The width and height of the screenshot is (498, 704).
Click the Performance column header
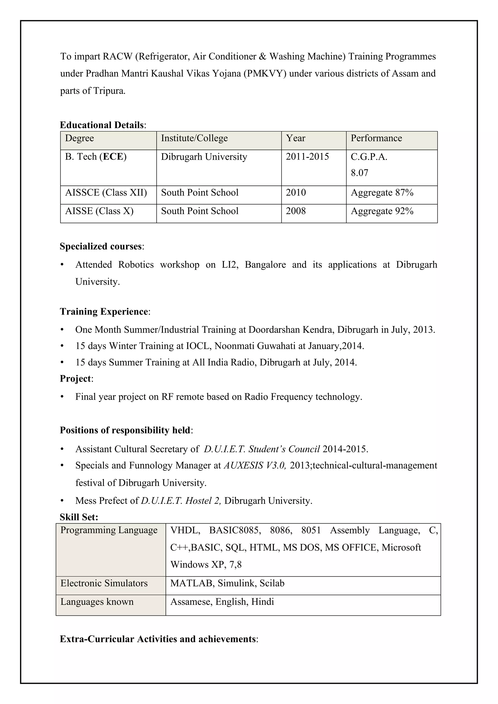click(x=376, y=138)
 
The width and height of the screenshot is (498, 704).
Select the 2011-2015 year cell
click(x=307, y=157)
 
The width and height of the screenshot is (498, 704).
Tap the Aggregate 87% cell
click(x=382, y=193)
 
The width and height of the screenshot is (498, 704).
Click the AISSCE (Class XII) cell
click(x=106, y=193)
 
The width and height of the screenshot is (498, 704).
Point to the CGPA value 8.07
click(x=359, y=173)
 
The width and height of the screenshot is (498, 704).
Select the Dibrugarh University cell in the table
click(x=204, y=157)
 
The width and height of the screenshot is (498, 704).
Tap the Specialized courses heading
click(x=101, y=246)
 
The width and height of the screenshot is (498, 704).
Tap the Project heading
click(x=75, y=379)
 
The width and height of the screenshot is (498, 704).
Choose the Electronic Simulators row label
click(x=104, y=583)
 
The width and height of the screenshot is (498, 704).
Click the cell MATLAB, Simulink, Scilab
click(x=227, y=583)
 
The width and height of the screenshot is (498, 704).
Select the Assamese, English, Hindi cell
click(x=222, y=602)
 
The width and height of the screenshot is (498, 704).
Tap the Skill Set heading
click(x=79, y=517)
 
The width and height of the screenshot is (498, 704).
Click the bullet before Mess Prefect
click(x=62, y=501)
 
